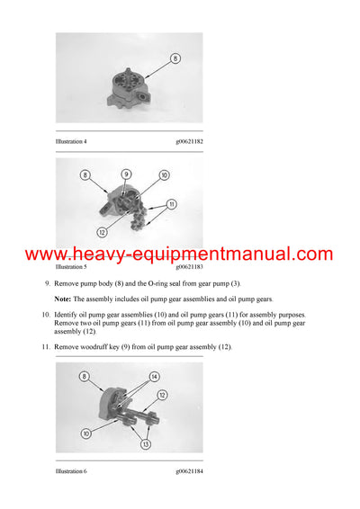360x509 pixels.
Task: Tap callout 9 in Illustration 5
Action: point(126,174)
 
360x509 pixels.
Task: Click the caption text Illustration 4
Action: point(71,141)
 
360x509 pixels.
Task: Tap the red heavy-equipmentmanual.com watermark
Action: point(179,254)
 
